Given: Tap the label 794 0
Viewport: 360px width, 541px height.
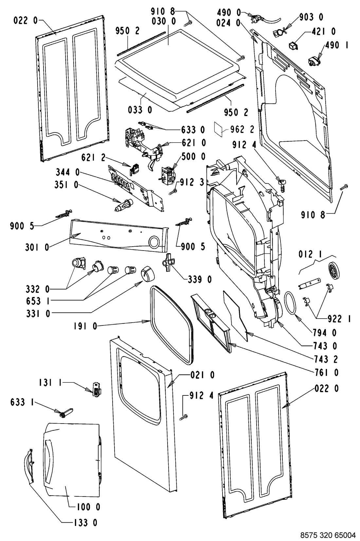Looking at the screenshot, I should pos(325,333).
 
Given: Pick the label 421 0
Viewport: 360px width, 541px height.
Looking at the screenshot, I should pos(324,31).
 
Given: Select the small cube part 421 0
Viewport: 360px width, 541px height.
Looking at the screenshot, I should pos(293,45).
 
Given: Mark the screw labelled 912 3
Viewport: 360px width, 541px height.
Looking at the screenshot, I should pos(173,192).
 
